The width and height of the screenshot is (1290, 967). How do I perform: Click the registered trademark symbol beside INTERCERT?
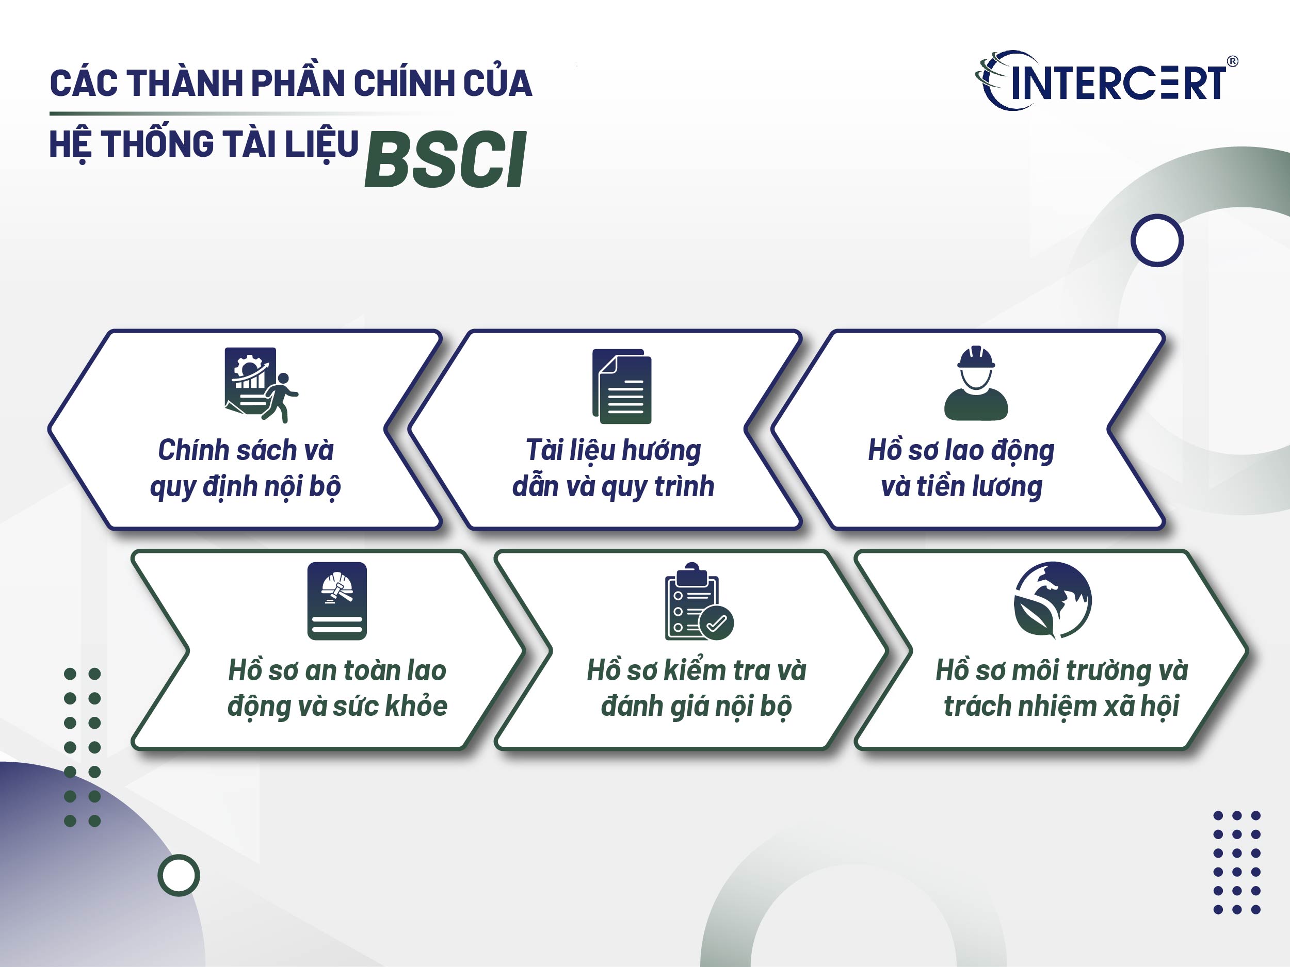pyautogui.click(x=1232, y=61)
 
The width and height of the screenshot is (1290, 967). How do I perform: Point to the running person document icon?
pyautogui.click(x=261, y=385)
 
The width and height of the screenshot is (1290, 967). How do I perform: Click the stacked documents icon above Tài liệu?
pyautogui.click(x=622, y=386)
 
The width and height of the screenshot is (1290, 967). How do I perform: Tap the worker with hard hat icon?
pyautogui.click(x=976, y=383)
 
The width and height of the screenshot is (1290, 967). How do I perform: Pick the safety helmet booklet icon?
pyautogui.click(x=337, y=601)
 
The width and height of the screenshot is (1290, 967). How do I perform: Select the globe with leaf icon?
pyautogui.click(x=1053, y=600)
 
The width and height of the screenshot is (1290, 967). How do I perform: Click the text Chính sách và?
pyautogui.click(x=246, y=450)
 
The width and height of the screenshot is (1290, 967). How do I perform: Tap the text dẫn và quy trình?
pyautogui.click(x=613, y=486)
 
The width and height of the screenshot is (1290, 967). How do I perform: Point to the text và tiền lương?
pyautogui.click(x=962, y=486)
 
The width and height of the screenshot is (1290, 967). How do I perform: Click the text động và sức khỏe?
pyautogui.click(x=337, y=706)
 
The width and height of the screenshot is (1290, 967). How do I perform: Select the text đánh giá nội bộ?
pyautogui.click(x=696, y=706)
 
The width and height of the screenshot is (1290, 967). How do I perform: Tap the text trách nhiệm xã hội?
pyautogui.click(x=1061, y=706)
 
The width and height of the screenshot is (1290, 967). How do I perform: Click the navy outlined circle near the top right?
pyautogui.click(x=1157, y=240)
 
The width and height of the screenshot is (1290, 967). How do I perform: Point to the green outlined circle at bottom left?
pyautogui.click(x=179, y=875)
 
